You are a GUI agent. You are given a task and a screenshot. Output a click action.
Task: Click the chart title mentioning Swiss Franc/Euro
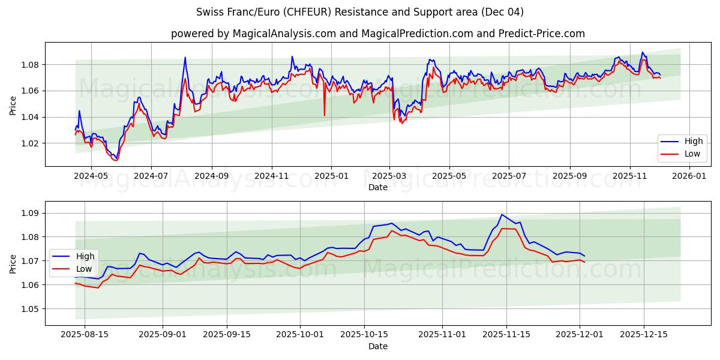coord(360,12)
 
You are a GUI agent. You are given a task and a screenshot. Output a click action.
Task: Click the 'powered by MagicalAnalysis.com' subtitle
coord(377,34)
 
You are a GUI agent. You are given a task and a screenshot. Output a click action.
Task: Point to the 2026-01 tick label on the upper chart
coord(689,176)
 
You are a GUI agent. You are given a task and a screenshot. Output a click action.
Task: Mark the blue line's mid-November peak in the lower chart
coord(502,215)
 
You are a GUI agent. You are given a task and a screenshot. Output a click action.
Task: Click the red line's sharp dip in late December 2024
coord(325,115)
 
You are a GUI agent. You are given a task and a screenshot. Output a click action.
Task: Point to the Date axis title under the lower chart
coord(378,346)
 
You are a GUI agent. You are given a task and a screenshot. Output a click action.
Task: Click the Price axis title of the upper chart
coord(13,106)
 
